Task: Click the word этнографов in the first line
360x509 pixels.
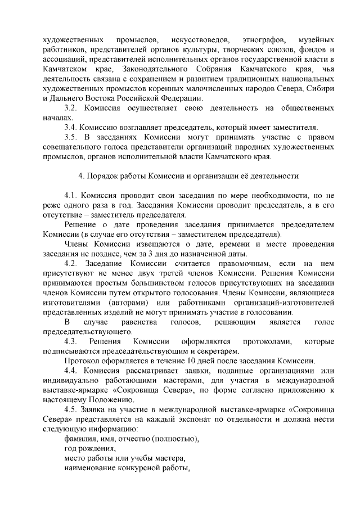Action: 263,41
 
